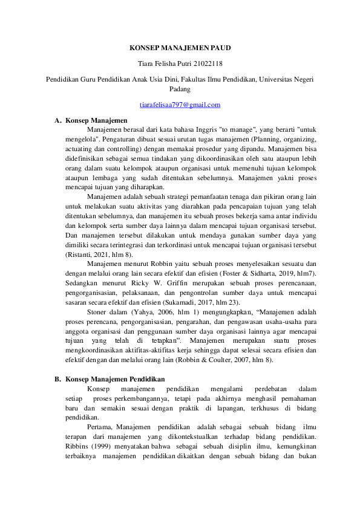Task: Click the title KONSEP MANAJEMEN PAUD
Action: pos(180,47)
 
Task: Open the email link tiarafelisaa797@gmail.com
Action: pos(180,105)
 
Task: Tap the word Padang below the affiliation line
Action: pos(180,89)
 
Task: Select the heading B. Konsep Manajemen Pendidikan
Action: pos(106,379)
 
